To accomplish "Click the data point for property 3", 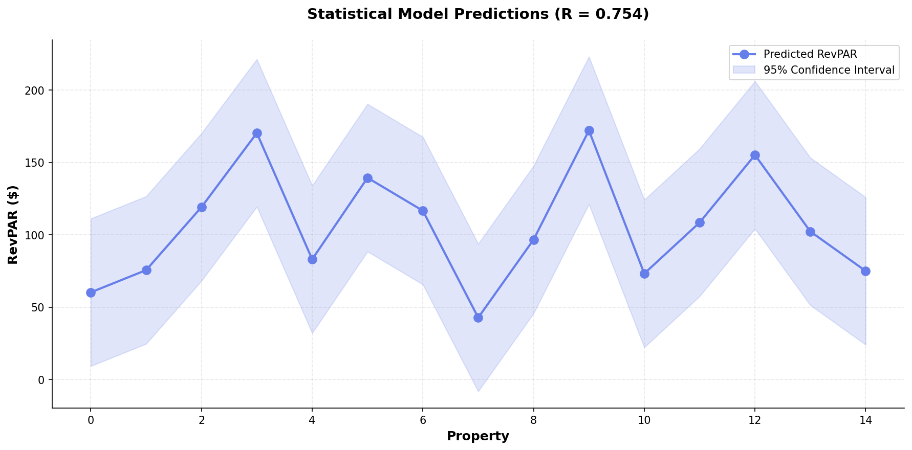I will pos(257,133).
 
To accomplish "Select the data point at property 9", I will pos(589,130).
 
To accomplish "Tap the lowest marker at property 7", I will pos(478,318).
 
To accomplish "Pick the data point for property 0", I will pos(91,292).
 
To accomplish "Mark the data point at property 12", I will pos(755,155).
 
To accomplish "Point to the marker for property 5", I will pos(367,178).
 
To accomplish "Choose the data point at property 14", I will pos(865,271).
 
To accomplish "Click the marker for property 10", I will pos(644,274).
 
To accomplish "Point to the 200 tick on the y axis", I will pos(37,91).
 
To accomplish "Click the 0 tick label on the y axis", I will pos(43,380).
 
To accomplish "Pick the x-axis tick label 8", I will pos(534,420).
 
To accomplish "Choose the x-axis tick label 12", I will pos(755,420).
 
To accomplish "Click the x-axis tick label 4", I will pos(312,420).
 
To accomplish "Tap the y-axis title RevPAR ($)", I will pos(13,224).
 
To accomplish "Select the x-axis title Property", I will pos(477,436).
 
